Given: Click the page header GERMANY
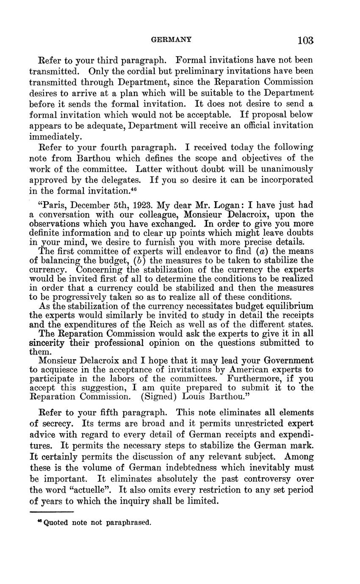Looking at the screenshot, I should (x=172, y=40).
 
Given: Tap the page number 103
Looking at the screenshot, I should (x=305, y=41).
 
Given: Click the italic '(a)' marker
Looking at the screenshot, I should (x=265, y=251).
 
